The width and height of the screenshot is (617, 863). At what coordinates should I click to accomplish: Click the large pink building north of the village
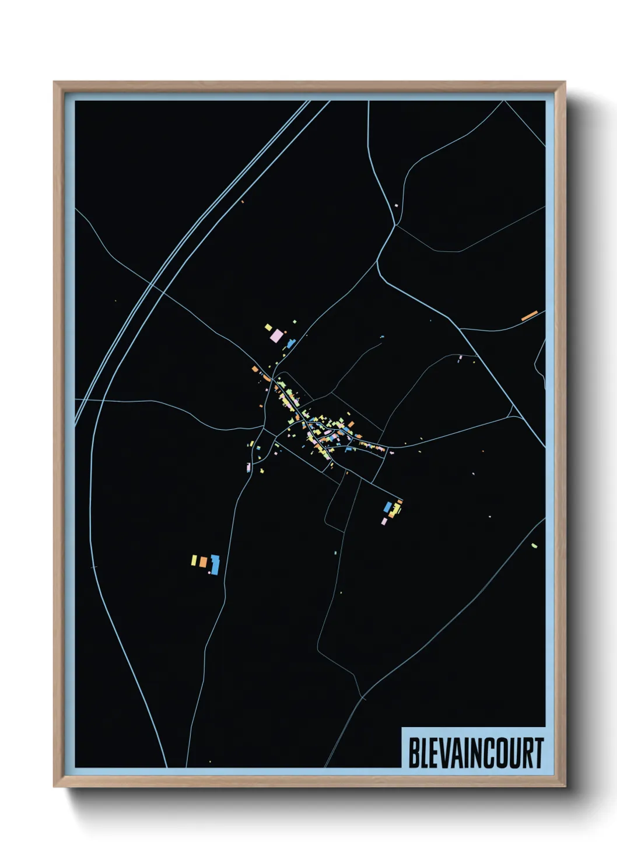pyautogui.click(x=277, y=336)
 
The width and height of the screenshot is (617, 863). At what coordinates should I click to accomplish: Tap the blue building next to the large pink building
pyautogui.click(x=290, y=343)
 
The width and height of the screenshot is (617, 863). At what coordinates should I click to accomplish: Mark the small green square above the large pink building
pyautogui.click(x=295, y=321)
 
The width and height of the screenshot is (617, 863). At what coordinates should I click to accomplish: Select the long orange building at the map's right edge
pyautogui.click(x=529, y=315)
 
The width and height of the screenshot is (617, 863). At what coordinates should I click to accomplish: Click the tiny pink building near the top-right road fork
pyautogui.click(x=396, y=205)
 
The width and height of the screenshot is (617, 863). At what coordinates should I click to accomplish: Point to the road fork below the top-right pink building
pyautogui.click(x=396, y=224)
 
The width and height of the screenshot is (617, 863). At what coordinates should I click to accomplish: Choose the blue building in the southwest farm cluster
pyautogui.click(x=215, y=564)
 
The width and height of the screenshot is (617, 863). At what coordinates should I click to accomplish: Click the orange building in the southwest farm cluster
pyautogui.click(x=203, y=562)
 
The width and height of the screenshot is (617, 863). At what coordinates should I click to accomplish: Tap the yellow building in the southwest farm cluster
pyautogui.click(x=194, y=560)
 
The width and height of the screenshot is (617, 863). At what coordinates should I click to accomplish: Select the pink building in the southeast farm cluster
pyautogui.click(x=383, y=521)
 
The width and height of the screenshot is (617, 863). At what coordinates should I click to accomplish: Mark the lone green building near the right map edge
pyautogui.click(x=534, y=546)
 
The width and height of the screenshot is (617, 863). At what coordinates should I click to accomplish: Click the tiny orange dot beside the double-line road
pyautogui.click(x=242, y=202)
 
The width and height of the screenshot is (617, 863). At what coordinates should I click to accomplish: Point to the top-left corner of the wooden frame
pyautogui.click(x=55, y=83)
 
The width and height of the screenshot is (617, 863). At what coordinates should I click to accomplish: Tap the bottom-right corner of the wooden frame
pyautogui.click(x=565, y=786)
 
